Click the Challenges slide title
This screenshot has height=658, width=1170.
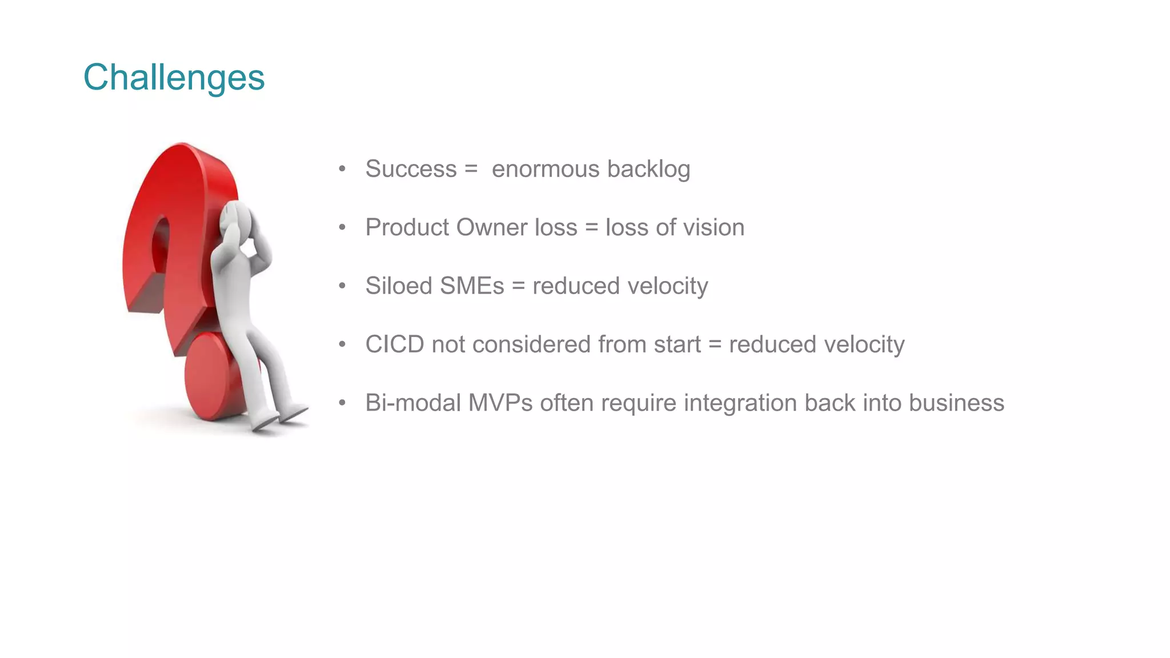point(174,77)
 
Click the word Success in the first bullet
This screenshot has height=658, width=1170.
point(411,169)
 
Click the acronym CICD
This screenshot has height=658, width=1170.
point(395,344)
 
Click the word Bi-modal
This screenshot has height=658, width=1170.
point(413,403)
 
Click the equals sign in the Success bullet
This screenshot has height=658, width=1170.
point(471,169)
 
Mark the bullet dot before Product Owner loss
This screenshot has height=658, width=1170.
point(342,227)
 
